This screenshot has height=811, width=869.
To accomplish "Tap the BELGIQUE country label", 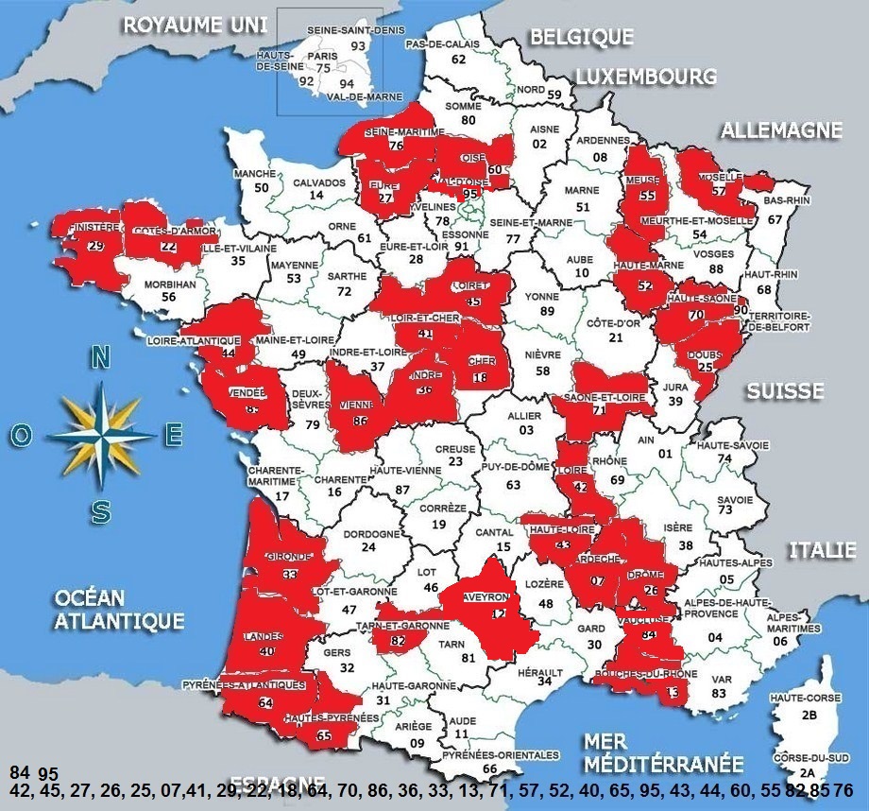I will pyautogui.click(x=581, y=37).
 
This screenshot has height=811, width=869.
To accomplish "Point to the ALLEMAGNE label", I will pyautogui.click(x=781, y=130).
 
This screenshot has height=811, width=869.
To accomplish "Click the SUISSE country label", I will pyautogui.click(x=785, y=390).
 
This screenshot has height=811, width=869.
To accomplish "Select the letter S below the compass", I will pyautogui.click(x=101, y=512).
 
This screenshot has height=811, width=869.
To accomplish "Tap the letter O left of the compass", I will pyautogui.click(x=20, y=435).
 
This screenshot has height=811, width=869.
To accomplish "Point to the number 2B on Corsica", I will pyautogui.click(x=809, y=716).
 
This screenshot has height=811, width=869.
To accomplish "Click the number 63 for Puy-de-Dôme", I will pyautogui.click(x=513, y=485).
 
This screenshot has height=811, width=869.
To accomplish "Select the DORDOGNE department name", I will pyautogui.click(x=368, y=532).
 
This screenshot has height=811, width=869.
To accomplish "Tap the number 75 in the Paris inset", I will pyautogui.click(x=324, y=68).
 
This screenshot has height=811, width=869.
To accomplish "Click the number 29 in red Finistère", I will pyautogui.click(x=94, y=246).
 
